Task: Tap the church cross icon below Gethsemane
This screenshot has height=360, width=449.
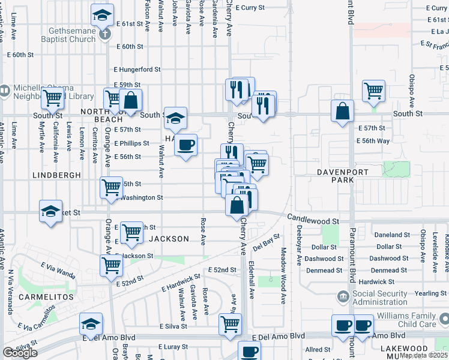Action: pyautogui.click(x=105, y=34)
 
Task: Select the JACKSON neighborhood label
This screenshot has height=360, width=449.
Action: pyautogui.click(x=169, y=239)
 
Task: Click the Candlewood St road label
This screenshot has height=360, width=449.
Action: pyautogui.click(x=313, y=220)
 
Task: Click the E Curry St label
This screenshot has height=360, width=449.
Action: pyautogui.click(x=253, y=8)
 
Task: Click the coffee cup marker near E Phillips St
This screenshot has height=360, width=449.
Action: pyautogui.click(x=186, y=145)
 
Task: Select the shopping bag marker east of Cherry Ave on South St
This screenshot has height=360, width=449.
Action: pyautogui.click(x=342, y=111)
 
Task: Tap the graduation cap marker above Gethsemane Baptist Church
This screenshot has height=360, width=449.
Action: pyautogui.click(x=103, y=14)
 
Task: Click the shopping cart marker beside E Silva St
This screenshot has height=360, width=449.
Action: pyautogui.click(x=231, y=325)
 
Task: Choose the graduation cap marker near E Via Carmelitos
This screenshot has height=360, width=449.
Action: pyautogui.click(x=91, y=324)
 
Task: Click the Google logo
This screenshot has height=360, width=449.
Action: pyautogui.click(x=20, y=353)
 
